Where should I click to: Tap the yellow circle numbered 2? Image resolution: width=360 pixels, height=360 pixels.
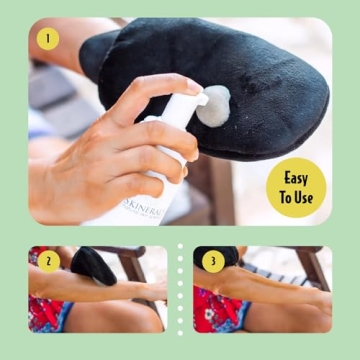(x=47, y=262)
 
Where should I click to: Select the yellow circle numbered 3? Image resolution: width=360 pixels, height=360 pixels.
(x=212, y=262)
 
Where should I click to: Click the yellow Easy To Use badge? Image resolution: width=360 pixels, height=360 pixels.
(x=296, y=187)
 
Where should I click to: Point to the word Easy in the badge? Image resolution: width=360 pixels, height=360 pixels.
(x=296, y=178)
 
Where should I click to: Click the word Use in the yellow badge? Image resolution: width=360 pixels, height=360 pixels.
(x=304, y=197)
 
